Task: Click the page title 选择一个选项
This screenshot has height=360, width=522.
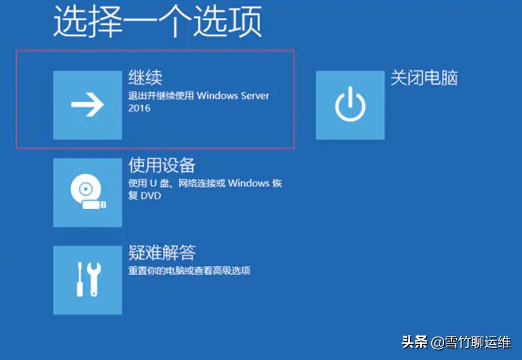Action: [157, 23]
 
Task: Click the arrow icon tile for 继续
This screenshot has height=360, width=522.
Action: [88, 105]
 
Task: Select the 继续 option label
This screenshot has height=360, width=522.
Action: [145, 77]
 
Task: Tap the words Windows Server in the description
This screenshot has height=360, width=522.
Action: [233, 96]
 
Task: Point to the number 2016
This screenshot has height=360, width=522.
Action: [140, 108]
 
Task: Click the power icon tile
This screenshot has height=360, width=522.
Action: [350, 105]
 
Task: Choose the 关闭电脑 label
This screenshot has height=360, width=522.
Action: [424, 77]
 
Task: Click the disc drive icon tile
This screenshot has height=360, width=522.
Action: [88, 193]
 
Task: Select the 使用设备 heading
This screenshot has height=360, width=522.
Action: [162, 165]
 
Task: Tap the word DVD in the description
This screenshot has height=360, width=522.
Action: [150, 196]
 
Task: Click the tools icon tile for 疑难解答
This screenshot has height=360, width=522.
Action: [88, 280]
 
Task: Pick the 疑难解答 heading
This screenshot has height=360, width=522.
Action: [162, 253]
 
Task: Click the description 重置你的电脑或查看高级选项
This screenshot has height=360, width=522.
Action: [189, 271]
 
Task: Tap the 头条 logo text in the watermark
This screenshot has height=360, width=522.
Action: [414, 342]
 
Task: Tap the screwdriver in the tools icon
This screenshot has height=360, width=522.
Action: [79, 280]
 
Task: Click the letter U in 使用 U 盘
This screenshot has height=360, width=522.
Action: [152, 183]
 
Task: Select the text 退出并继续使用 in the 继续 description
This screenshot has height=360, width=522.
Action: [161, 96]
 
